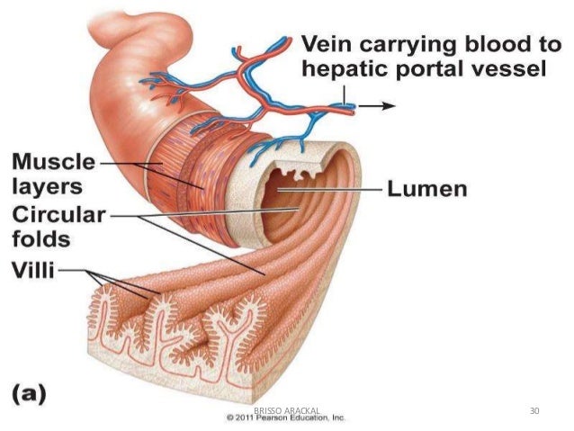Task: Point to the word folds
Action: pos(39,241)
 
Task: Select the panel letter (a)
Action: pos(30,394)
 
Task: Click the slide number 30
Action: pos(535,410)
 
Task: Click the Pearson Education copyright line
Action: pos(286,418)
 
